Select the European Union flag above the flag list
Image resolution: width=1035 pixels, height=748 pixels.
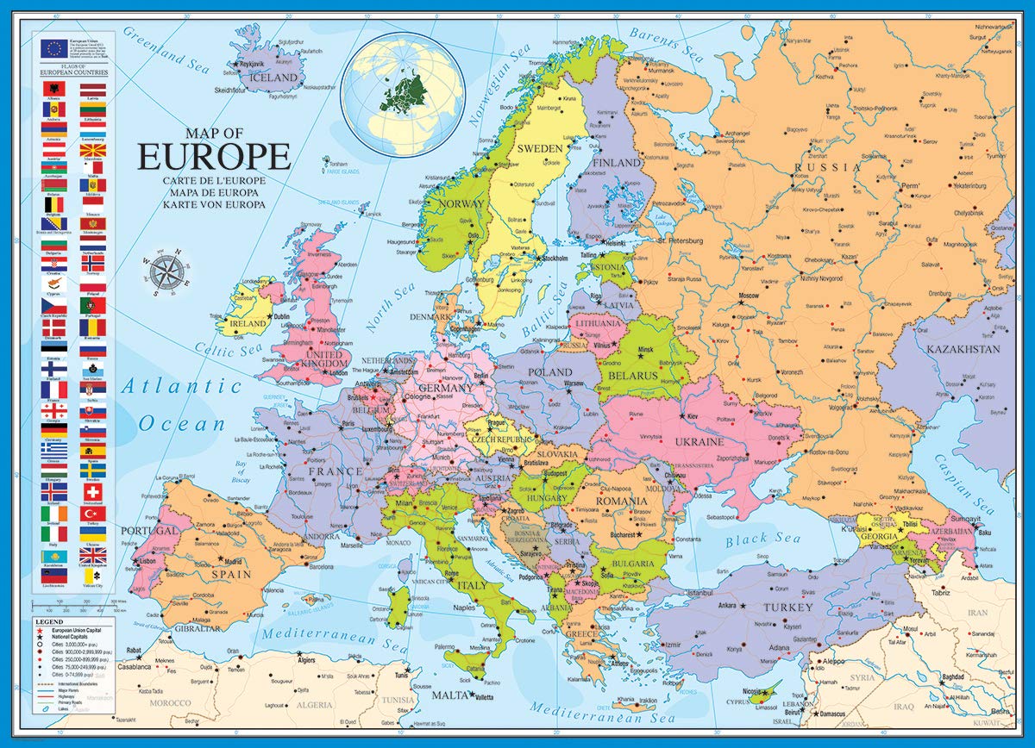[x=53, y=48]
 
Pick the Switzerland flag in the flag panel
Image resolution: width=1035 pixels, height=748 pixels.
[x=93, y=491]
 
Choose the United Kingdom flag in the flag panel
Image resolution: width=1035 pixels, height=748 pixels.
[x=93, y=555]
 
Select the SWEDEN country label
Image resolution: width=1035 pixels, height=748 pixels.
[x=540, y=148]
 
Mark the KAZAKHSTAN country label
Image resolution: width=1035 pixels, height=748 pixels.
[x=963, y=349]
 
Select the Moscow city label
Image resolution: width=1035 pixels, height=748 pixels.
[x=749, y=296]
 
